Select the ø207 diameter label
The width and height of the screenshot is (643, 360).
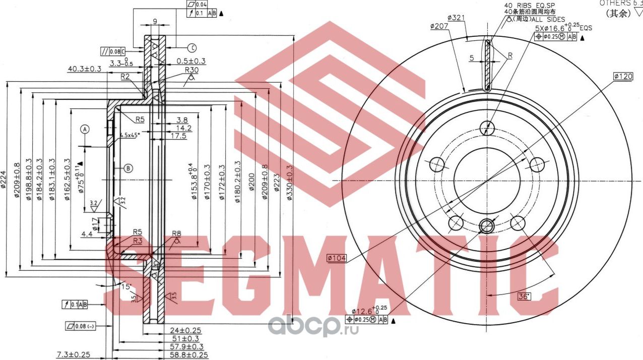coord(440,26)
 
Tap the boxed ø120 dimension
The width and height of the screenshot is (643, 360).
coord(623,76)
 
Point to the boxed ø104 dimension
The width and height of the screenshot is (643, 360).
coord(337,258)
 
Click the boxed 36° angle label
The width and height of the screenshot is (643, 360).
coord(524,296)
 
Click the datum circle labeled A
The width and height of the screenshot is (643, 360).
coord(85,129)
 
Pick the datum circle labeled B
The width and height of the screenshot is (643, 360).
coord(128,168)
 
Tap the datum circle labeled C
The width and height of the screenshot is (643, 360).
coord(192,48)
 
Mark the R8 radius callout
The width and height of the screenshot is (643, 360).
coord(176,233)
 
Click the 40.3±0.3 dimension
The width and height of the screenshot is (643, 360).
coord(85,68)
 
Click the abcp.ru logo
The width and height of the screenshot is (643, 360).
coord(312,327)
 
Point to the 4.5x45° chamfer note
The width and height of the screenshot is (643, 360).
coord(130,135)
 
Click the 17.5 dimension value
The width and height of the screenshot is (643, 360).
coord(178,136)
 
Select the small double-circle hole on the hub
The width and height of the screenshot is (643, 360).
coord(487,226)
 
